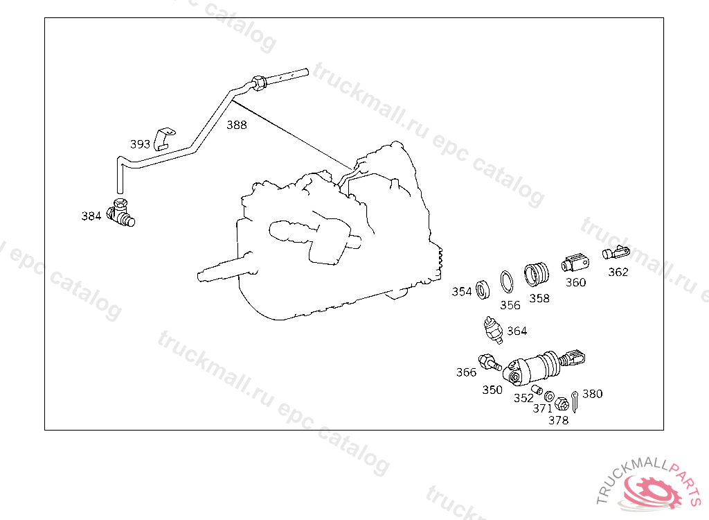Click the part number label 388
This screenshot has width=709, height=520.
pyautogui.click(x=237, y=125)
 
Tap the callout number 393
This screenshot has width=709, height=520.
pyautogui.click(x=140, y=144)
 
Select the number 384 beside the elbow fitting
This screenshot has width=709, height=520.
pyautogui.click(x=91, y=216)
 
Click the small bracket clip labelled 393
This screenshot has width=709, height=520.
pyautogui.click(x=164, y=139)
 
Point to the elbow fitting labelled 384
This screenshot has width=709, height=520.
pyautogui.click(x=120, y=212)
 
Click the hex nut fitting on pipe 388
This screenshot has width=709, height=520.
pyautogui.click(x=259, y=83)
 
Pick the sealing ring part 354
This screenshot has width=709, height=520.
pyautogui.click(x=483, y=289)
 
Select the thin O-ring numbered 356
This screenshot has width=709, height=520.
pyautogui.click(x=507, y=281)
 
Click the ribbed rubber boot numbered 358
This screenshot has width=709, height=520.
pyautogui.click(x=537, y=274)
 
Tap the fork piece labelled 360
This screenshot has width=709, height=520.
pyautogui.click(x=575, y=263)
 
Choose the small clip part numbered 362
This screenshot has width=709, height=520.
pyautogui.click(x=616, y=252)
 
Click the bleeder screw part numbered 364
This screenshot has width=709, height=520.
pyautogui.click(x=493, y=330)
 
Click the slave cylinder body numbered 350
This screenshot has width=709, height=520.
pyautogui.click(x=534, y=367)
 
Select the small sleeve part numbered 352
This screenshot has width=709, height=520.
pyautogui.click(x=537, y=390)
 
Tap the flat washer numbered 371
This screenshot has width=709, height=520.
pyautogui.click(x=549, y=397)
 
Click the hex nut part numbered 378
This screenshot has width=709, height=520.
pyautogui.click(x=561, y=403)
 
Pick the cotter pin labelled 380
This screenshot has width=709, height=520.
pyautogui.click(x=575, y=401)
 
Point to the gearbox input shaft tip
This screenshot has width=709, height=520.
pyautogui.click(x=200, y=276)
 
